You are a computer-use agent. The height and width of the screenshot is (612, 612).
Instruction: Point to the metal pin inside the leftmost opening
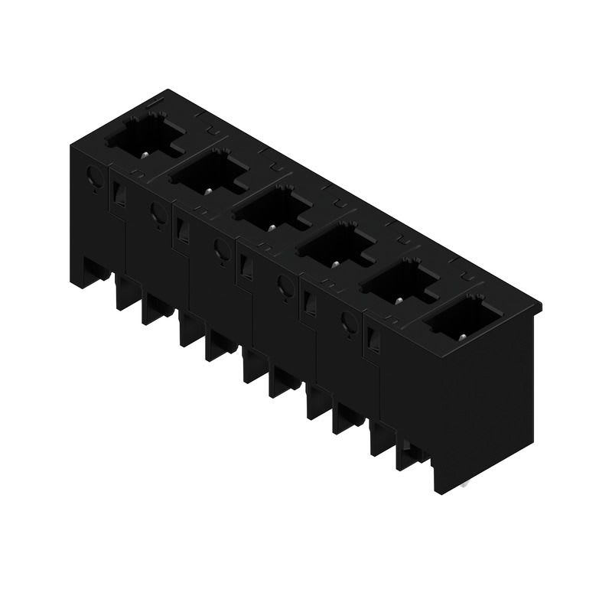point(145,154)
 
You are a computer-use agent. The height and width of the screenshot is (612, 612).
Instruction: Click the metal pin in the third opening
point(271,227)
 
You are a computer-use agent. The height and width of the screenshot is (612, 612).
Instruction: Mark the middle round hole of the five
point(221,248)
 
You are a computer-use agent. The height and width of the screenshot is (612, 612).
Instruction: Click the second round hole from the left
point(158,213)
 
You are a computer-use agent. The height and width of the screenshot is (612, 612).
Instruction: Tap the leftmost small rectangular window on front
point(118,196)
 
